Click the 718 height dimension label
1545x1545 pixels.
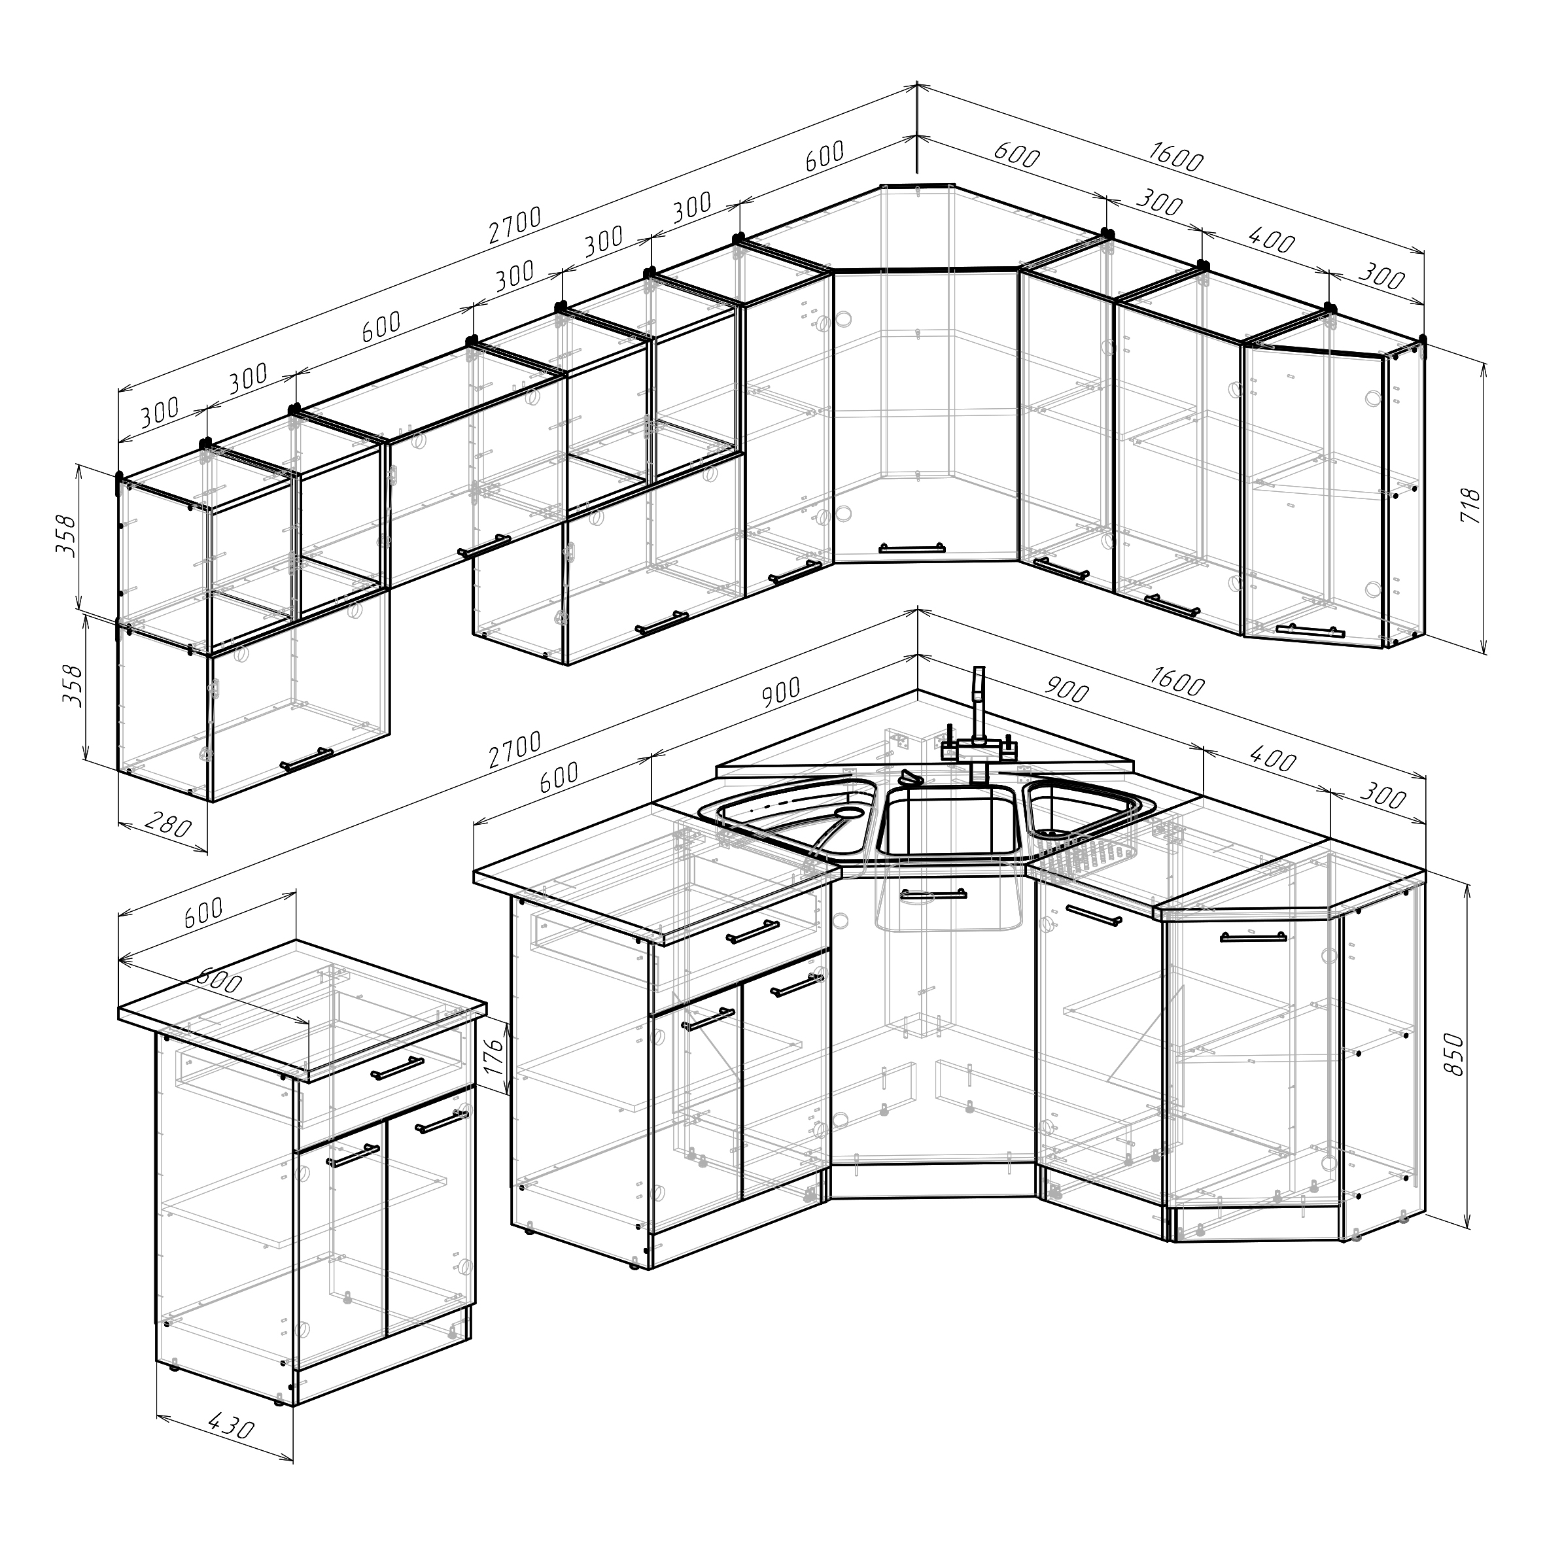[1470, 506]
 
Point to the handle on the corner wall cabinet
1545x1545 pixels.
[912, 549]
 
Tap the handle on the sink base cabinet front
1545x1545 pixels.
[933, 895]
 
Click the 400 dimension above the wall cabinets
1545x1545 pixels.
[1270, 238]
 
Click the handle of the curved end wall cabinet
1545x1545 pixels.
[1306, 629]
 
